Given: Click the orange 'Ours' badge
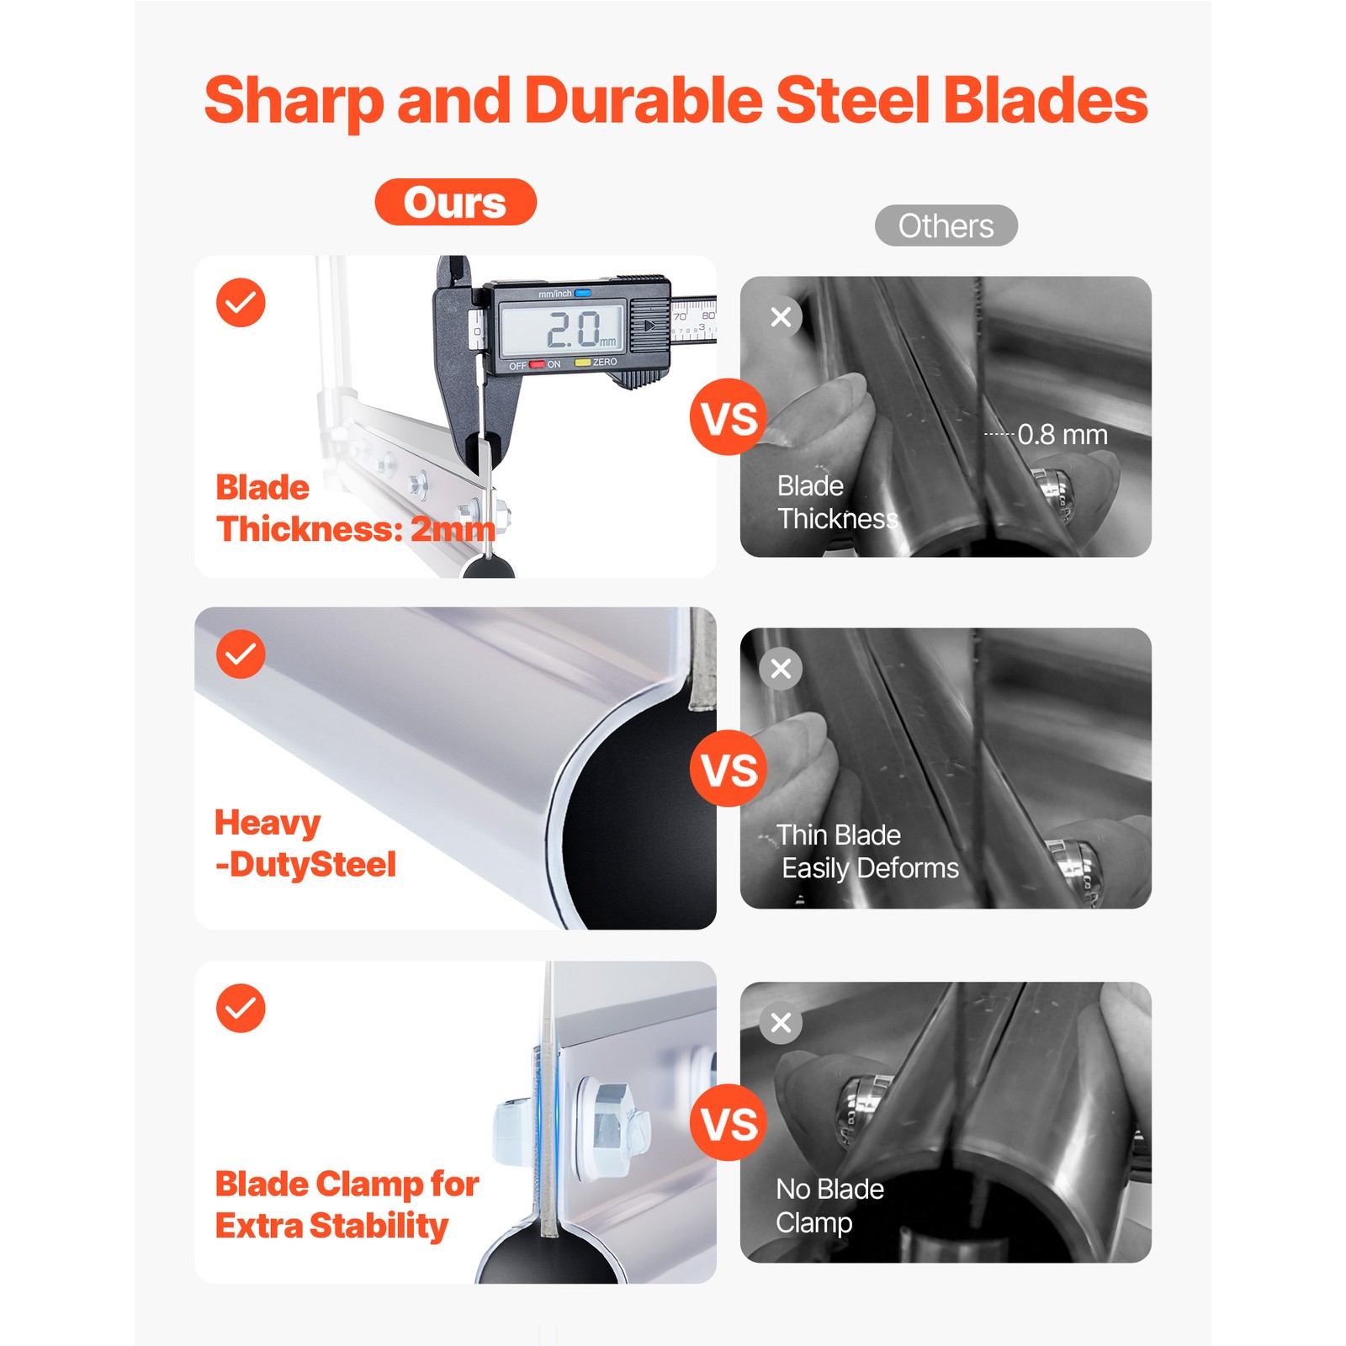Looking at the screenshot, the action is click(455, 202).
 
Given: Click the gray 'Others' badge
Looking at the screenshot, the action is click(946, 225).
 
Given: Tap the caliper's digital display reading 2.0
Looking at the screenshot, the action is click(562, 328).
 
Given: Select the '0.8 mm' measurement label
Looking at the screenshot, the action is click(1062, 434).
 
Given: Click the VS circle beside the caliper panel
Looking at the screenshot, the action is click(729, 417).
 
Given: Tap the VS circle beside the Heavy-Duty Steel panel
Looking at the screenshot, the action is click(729, 768).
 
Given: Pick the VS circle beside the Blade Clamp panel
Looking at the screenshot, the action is click(729, 1122).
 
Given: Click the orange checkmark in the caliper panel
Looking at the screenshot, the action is click(241, 302).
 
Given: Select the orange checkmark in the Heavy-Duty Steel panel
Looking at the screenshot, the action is click(241, 654).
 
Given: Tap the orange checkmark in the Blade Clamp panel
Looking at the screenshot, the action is click(241, 1008).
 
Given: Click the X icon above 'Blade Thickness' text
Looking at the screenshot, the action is click(781, 317).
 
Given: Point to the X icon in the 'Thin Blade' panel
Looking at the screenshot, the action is click(781, 669).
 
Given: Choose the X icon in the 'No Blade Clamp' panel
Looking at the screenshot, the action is click(781, 1023).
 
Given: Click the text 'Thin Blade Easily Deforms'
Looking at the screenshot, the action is click(866, 851).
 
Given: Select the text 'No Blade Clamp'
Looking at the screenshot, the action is click(829, 1206).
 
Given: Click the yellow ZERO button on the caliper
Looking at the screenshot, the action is click(582, 363).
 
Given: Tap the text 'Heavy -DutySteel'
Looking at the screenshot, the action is click(305, 844).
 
